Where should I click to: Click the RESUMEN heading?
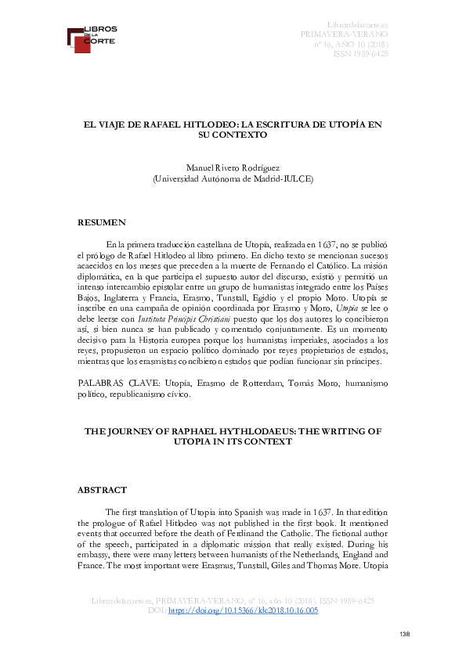point(101,223)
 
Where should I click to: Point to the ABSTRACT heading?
point(102,490)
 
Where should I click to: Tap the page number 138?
point(404,633)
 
